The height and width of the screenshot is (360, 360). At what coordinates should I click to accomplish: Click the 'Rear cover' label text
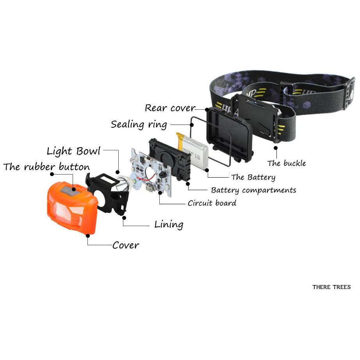tap(170, 108)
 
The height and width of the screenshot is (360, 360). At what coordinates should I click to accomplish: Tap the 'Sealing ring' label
tap(139, 125)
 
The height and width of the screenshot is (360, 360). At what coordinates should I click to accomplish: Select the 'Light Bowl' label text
tap(73, 151)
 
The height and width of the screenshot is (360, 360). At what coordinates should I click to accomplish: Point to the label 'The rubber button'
tap(46, 167)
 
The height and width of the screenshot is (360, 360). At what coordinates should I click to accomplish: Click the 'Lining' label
tap(169, 224)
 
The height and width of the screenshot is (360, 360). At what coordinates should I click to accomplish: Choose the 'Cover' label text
tap(126, 245)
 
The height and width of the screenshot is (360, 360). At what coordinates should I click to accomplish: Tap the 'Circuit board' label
tap(212, 203)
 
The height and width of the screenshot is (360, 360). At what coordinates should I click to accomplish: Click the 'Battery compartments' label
tap(253, 190)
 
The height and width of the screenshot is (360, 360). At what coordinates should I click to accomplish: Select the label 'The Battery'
tap(253, 177)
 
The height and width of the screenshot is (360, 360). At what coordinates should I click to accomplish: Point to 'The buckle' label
tap(287, 163)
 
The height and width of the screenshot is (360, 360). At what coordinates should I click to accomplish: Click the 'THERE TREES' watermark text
tap(331, 287)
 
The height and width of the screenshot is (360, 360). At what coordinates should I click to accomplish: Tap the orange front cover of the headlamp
tap(72, 208)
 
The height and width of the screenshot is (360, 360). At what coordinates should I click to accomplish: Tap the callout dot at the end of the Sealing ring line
tap(192, 125)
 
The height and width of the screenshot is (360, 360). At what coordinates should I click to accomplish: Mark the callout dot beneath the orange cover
tap(88, 235)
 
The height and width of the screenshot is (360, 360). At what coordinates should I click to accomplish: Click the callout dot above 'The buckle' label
tap(276, 148)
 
